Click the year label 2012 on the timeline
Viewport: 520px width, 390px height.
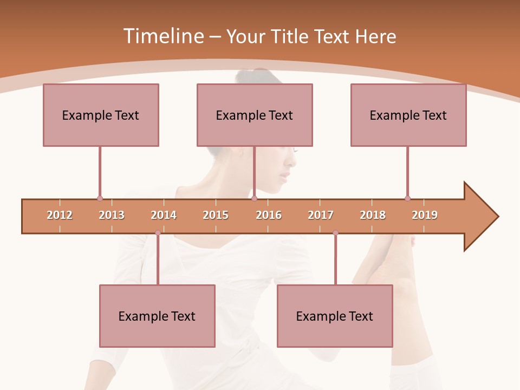pyautogui.click(x=60, y=215)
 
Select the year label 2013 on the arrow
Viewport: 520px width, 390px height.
pyautogui.click(x=112, y=215)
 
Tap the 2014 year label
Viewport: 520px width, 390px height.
pyautogui.click(x=164, y=215)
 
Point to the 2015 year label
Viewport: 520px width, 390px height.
pyautogui.click(x=216, y=215)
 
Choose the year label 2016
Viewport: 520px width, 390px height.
pyautogui.click(x=269, y=215)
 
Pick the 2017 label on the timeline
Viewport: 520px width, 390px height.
pyautogui.click(x=321, y=215)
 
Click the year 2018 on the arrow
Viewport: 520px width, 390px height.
pyautogui.click(x=373, y=215)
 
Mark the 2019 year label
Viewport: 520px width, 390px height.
pyautogui.click(x=425, y=215)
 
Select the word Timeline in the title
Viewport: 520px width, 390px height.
pyautogui.click(x=163, y=36)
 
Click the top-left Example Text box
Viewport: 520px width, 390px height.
pyautogui.click(x=101, y=115)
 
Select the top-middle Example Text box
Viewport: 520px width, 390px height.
pyautogui.click(x=255, y=115)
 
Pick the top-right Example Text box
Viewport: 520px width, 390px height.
pyautogui.click(x=408, y=115)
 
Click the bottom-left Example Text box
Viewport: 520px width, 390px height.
pyautogui.click(x=157, y=316)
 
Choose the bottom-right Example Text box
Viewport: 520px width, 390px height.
pyautogui.click(x=335, y=316)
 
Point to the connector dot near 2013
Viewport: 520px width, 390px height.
pyautogui.click(x=100, y=198)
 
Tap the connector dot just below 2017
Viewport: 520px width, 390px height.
pyautogui.click(x=335, y=233)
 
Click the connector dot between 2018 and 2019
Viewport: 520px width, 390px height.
pyautogui.click(x=407, y=198)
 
